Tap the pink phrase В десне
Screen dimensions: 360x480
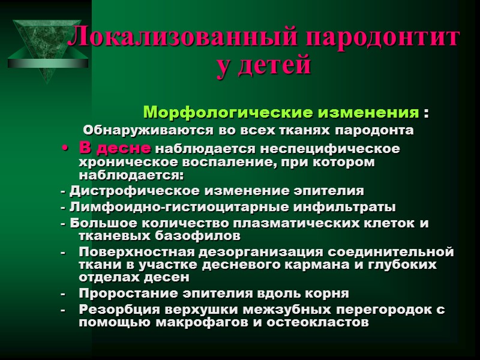point(115,148)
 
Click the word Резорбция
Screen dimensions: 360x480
point(118,310)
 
